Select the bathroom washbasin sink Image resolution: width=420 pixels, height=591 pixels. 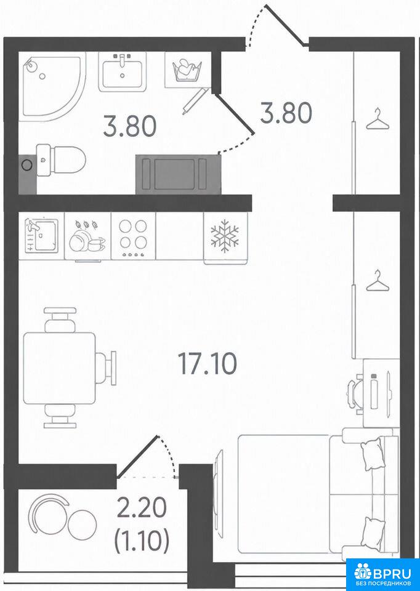[x=122, y=71]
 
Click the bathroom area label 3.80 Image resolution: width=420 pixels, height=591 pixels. [x=130, y=127]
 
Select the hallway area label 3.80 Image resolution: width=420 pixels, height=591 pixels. [x=286, y=113]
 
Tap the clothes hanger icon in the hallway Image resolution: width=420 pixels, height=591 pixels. [x=378, y=118]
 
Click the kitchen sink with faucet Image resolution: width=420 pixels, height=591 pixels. [x=41, y=236]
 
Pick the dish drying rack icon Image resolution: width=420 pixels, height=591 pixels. [x=87, y=236]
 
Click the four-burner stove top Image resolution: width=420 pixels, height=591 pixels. [x=132, y=236]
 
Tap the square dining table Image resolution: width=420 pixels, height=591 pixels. [x=59, y=368]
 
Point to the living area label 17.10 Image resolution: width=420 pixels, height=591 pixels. [x=208, y=365]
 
